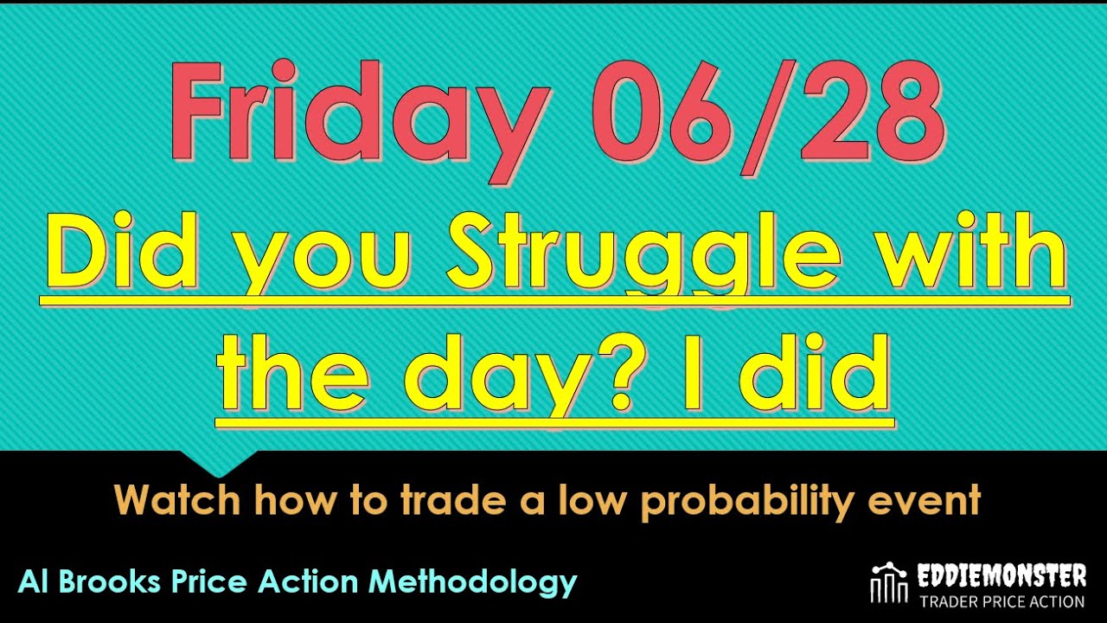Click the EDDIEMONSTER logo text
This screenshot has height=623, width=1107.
1001,575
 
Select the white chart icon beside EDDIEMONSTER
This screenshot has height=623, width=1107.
887,584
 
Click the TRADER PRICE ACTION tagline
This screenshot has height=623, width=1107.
1001,601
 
